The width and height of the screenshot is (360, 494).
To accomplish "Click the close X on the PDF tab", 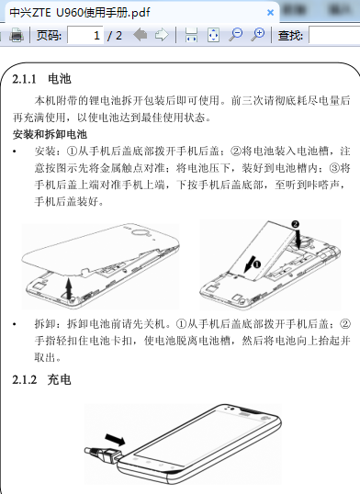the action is click(x=270, y=13).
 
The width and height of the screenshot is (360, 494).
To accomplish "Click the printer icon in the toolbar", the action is click(x=17, y=35).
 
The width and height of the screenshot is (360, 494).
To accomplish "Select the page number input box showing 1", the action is click(x=85, y=35).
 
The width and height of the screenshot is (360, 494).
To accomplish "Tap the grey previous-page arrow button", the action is click(x=141, y=35).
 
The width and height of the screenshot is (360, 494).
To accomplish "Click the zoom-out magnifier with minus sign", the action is click(x=235, y=35).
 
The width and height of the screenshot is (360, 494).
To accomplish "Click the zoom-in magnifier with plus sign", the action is click(x=258, y=35).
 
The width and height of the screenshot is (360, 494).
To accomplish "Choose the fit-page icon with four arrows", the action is click(x=213, y=35).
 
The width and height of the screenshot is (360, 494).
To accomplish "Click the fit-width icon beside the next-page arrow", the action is click(x=191, y=35).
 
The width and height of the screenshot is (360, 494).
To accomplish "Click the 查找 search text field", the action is click(x=334, y=35).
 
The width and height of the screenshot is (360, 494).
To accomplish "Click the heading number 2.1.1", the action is click(x=24, y=79).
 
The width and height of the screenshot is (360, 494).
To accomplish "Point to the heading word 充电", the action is click(x=59, y=379).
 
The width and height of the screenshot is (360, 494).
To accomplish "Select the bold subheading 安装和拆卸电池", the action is click(x=50, y=135).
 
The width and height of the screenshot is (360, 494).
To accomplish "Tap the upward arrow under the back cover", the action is click(x=69, y=288).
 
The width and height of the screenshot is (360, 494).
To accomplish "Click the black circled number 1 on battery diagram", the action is click(x=257, y=264).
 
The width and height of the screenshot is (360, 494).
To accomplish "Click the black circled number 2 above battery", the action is click(x=295, y=224).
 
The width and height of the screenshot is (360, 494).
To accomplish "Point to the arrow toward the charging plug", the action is click(x=115, y=440).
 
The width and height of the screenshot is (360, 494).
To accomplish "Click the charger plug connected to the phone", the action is click(x=103, y=455).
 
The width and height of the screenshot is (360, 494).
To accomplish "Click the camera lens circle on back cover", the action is click(x=140, y=233).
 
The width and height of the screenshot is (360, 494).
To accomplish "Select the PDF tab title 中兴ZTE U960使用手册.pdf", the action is click(x=80, y=13).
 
